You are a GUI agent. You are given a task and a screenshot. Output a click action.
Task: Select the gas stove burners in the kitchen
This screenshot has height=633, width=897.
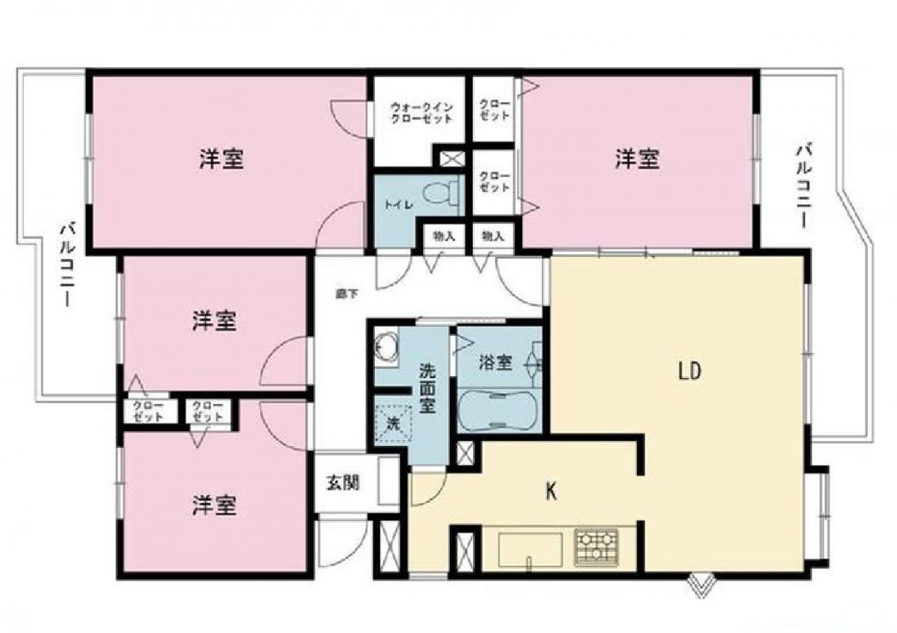pyautogui.click(x=596, y=547)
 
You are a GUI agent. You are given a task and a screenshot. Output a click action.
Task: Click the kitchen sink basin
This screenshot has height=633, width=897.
pyautogui.click(x=530, y=550)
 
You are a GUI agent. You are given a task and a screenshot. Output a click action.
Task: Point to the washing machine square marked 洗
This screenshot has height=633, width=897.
pyautogui.click(x=393, y=424)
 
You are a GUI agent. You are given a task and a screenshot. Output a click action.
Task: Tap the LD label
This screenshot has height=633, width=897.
pyautogui.click(x=690, y=372)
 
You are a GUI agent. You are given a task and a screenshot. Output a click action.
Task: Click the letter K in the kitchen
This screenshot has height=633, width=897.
pyautogui.click(x=551, y=491)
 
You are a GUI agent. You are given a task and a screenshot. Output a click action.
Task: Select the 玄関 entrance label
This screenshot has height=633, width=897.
pyautogui.click(x=343, y=482)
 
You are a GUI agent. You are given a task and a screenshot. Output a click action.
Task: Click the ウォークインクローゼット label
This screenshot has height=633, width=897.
pyautogui.click(x=421, y=113)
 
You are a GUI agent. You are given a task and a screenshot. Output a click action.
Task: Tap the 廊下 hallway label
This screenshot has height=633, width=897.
pyautogui.click(x=346, y=294)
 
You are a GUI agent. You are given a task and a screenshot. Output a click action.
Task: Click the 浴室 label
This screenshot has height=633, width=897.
pyautogui.click(x=495, y=363)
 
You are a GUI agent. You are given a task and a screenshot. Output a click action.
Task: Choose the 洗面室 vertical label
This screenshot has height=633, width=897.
pyautogui.click(x=427, y=388)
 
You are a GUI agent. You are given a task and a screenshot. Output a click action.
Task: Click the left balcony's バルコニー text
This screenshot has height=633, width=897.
pyautogui.click(x=67, y=265)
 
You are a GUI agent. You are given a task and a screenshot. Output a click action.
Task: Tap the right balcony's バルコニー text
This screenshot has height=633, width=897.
pyautogui.click(x=803, y=187)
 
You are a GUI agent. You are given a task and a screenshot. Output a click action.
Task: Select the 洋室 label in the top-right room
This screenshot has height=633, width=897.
pyautogui.click(x=637, y=158)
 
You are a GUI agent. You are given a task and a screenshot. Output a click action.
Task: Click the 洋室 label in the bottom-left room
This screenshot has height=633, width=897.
pyautogui.click(x=214, y=505)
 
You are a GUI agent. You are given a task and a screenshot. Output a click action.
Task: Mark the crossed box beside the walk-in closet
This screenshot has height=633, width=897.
pyautogui.click(x=452, y=159)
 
